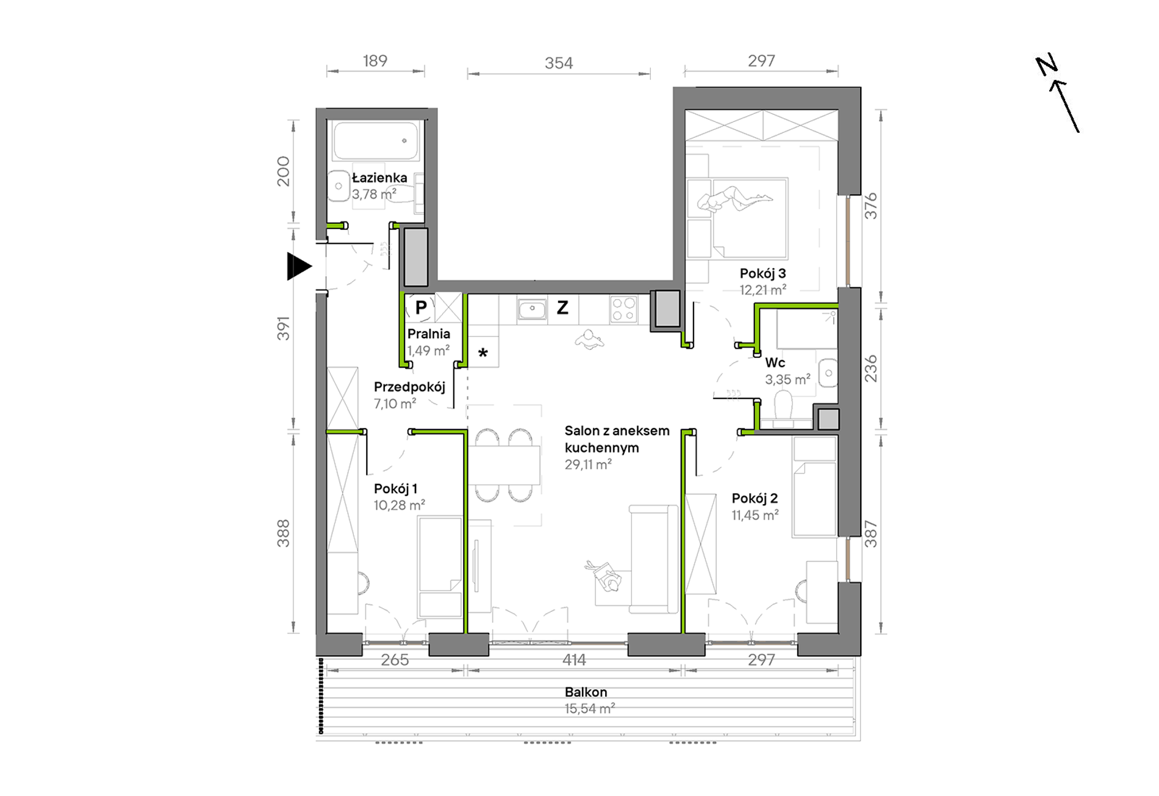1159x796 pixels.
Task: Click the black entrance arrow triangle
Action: click(x=299, y=266)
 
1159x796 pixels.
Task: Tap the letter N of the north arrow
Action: click(x=1047, y=65)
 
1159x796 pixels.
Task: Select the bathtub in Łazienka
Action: click(x=376, y=141)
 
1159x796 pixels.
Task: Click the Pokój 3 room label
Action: click(x=762, y=273)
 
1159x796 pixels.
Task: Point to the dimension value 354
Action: click(x=559, y=63)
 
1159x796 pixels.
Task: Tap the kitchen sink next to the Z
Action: click(x=533, y=309)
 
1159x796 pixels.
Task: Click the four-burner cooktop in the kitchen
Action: click(x=623, y=309)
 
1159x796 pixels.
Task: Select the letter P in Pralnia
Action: click(x=421, y=307)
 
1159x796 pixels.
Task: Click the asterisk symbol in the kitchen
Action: click(x=483, y=353)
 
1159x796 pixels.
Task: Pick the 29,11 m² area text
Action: click(x=588, y=464)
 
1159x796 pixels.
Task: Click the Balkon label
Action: click(x=586, y=692)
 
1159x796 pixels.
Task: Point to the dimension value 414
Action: click(x=574, y=659)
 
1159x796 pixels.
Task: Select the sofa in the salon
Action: click(x=653, y=559)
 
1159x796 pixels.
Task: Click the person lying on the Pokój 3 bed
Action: click(x=735, y=199)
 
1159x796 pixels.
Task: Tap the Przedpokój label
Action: click(x=409, y=387)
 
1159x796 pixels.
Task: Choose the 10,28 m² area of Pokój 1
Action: click(x=400, y=505)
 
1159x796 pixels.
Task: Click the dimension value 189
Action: click(x=375, y=61)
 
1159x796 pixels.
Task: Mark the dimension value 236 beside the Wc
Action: click(x=870, y=368)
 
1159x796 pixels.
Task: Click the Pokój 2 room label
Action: click(x=755, y=499)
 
